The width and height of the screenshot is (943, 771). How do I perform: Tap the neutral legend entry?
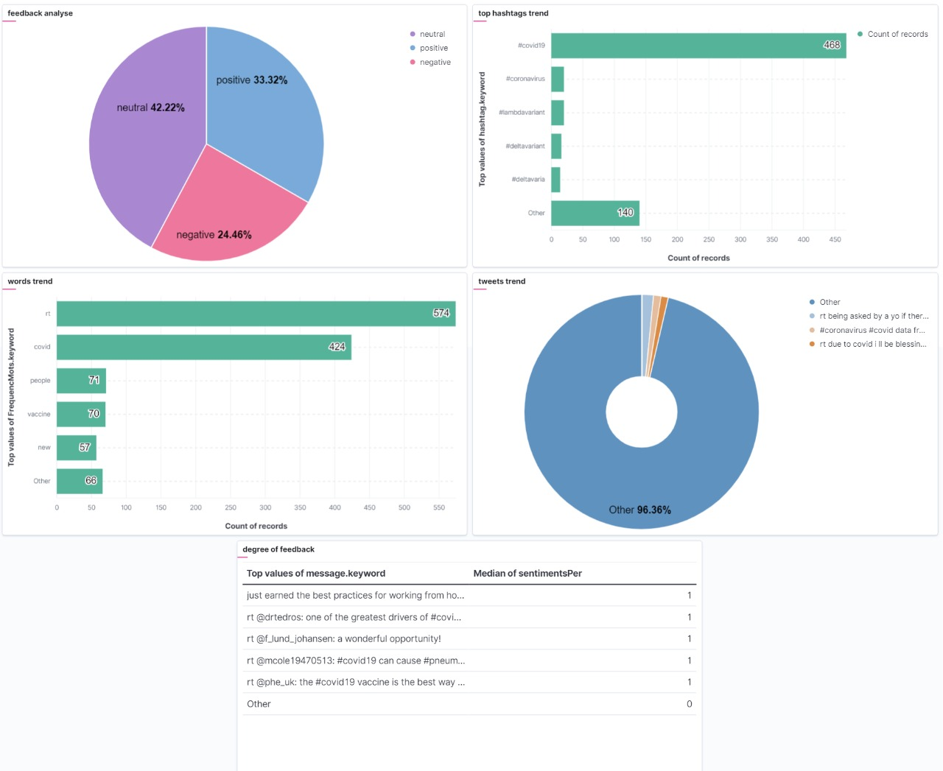tap(432, 34)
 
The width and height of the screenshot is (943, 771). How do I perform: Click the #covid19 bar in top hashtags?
tap(698, 46)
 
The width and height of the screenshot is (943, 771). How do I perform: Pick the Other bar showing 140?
tap(595, 214)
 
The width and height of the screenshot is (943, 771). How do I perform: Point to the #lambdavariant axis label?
tap(522, 113)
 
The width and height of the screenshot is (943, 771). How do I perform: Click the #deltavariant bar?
tap(556, 147)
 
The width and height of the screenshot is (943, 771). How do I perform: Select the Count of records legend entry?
tap(897, 34)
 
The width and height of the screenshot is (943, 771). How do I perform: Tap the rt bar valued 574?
tap(256, 314)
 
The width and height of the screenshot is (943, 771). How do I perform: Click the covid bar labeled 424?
tap(203, 348)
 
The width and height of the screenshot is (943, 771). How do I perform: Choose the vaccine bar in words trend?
tap(81, 415)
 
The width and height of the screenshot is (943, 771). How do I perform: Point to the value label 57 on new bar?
tap(85, 448)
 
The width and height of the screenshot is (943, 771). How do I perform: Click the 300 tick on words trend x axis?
tap(265, 507)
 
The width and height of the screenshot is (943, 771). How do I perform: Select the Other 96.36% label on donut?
tap(639, 510)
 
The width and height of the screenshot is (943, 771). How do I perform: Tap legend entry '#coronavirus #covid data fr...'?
tap(872, 330)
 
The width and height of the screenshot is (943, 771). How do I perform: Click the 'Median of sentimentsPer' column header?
tap(527, 574)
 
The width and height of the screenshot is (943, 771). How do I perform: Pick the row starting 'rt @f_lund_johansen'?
tap(344, 639)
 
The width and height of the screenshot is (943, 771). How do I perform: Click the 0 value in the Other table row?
tap(689, 704)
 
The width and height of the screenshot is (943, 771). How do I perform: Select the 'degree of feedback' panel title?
tap(278, 549)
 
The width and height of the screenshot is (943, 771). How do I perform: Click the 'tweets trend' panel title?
tap(502, 281)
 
